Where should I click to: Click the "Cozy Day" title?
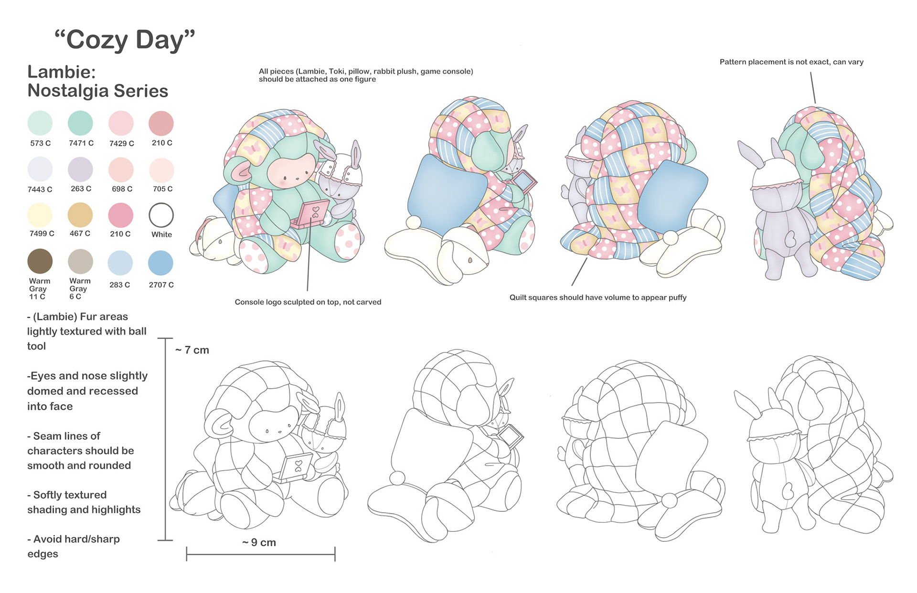coord(125,40)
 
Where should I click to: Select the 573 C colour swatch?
coord(40,123)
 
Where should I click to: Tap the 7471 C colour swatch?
coord(80,123)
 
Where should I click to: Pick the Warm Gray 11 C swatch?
coord(40,261)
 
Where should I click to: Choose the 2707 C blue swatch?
coord(160,263)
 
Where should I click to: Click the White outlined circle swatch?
coord(161,215)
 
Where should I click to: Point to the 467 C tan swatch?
coord(80,215)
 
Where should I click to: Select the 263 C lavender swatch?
coord(80,169)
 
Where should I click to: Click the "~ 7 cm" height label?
coord(192,350)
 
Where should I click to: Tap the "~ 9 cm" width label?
coord(259,542)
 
